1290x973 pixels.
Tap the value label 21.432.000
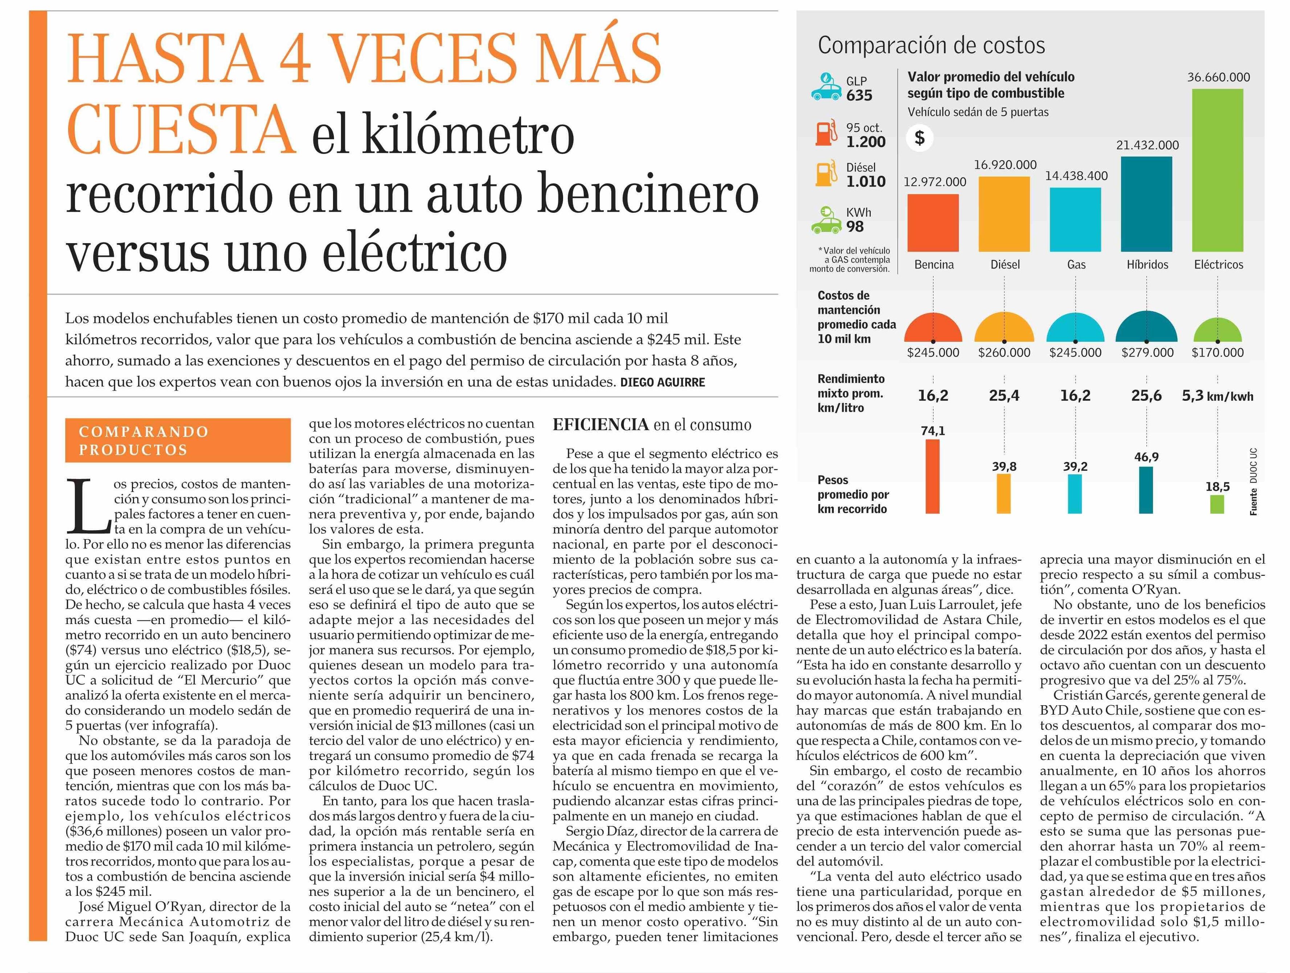pos(1147,145)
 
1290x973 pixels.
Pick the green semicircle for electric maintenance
pos(1217,330)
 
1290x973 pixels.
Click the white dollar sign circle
pos(920,138)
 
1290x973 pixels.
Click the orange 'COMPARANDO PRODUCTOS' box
pos(178,440)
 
